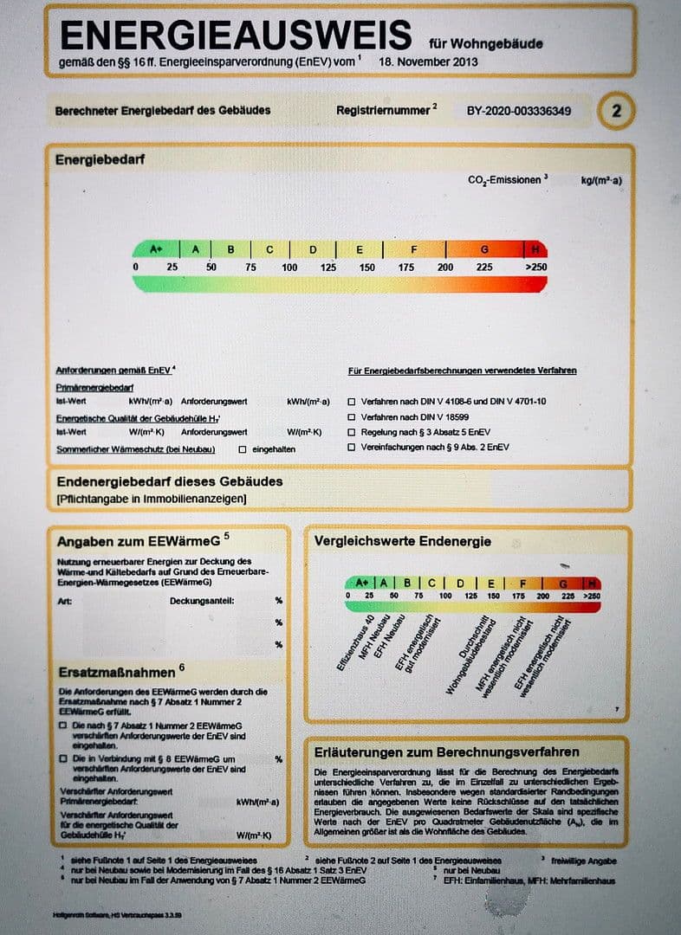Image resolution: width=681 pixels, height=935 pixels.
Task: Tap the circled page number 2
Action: click(x=616, y=111)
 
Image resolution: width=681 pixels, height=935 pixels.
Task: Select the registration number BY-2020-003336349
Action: click(x=519, y=111)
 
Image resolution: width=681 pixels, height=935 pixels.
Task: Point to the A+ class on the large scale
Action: click(x=156, y=249)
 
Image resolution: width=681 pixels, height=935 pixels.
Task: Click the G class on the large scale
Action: click(x=484, y=249)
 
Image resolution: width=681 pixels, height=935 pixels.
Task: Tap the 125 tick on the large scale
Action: click(x=328, y=268)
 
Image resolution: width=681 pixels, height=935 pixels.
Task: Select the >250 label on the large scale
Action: click(x=535, y=268)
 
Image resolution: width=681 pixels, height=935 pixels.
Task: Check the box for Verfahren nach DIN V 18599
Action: click(x=351, y=417)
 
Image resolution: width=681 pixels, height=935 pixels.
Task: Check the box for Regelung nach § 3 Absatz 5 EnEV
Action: click(x=351, y=432)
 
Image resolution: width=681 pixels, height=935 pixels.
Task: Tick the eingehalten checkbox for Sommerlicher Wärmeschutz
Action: click(x=243, y=449)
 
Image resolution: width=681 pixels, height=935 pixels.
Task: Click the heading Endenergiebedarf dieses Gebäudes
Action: click(x=170, y=481)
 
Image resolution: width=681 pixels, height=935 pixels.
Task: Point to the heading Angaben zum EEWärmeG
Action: click(x=139, y=542)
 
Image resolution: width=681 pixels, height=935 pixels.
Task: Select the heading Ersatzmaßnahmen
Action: click(x=116, y=672)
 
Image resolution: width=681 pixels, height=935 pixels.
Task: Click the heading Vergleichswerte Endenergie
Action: click(x=402, y=542)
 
